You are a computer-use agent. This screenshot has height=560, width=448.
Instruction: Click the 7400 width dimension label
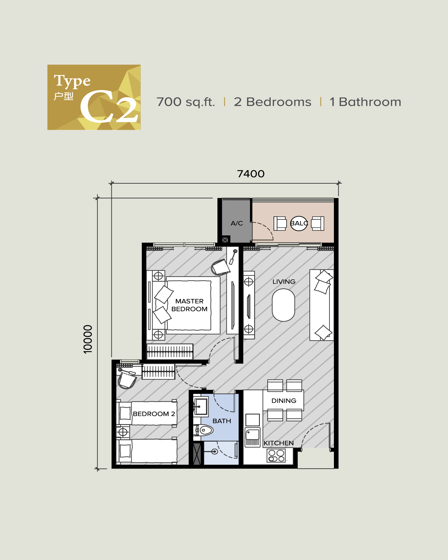(251, 174)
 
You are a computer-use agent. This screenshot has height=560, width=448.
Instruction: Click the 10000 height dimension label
(88, 339)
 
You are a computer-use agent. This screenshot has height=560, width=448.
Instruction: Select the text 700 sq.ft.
(185, 102)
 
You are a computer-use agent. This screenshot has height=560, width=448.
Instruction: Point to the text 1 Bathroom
(365, 102)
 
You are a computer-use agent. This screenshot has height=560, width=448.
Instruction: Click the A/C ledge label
(237, 223)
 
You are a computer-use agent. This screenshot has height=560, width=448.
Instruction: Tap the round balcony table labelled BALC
(299, 223)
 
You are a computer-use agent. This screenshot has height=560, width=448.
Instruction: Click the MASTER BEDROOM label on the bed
(189, 305)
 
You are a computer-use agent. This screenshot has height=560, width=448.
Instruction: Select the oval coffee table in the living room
(283, 305)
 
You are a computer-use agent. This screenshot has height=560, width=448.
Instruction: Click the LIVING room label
(284, 282)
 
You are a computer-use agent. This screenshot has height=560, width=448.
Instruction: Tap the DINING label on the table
(284, 401)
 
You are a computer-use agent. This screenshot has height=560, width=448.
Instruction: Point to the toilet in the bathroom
(204, 430)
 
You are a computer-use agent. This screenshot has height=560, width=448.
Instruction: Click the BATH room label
(222, 421)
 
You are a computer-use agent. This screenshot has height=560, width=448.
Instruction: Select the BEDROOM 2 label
(154, 414)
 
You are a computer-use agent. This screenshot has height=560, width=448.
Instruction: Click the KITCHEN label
(279, 443)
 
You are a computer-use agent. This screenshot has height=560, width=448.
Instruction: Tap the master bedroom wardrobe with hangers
(170, 352)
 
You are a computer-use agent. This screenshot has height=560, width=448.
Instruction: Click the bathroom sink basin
(201, 406)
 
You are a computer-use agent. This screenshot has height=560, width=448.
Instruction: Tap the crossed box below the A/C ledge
(225, 240)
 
